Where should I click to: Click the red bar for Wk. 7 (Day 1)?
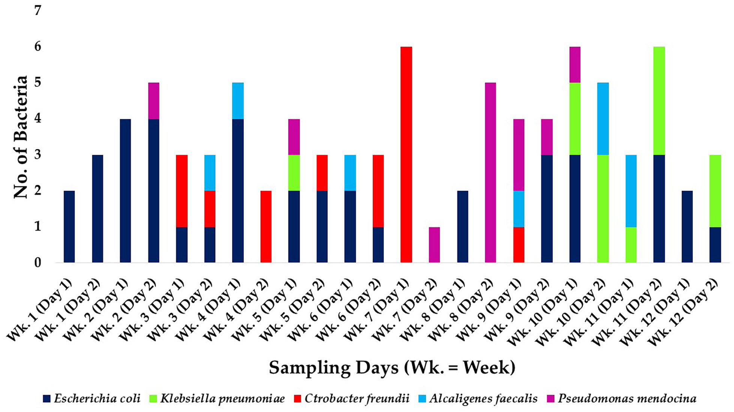pos(406,154)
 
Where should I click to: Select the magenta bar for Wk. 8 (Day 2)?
pos(490,172)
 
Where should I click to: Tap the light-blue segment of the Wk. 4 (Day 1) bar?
pos(238,100)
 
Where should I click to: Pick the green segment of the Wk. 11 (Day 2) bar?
pos(659,100)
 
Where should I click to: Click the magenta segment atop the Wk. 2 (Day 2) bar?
pos(153,100)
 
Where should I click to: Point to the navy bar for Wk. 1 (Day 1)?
pos(69,226)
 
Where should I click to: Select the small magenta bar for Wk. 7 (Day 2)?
pos(434,244)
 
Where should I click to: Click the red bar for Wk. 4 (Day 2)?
pos(266,226)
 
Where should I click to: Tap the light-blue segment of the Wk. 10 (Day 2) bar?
pos(603,118)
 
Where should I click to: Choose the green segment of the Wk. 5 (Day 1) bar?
pos(294,172)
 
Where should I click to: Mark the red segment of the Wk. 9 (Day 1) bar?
pos(518,244)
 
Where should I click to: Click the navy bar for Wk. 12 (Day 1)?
pos(687,226)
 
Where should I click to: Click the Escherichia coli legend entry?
pos(92,399)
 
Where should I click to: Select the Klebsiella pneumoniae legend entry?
pos(218,399)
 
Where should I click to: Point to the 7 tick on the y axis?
pos(38,10)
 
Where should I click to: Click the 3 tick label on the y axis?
pos(38,154)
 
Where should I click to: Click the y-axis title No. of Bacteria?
pos(21,137)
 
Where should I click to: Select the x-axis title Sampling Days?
pos(392,368)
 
